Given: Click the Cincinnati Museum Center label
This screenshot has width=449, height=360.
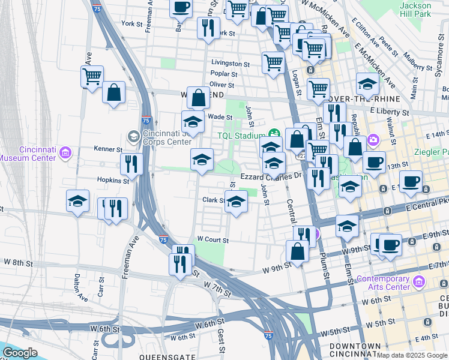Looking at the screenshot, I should (x=29, y=154).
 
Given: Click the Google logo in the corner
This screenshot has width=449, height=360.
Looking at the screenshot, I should (x=20, y=353).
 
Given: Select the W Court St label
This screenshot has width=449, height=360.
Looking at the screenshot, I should (x=213, y=240).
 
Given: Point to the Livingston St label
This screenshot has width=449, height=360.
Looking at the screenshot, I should (x=230, y=63).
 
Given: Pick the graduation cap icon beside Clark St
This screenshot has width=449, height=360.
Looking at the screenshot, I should (x=236, y=202).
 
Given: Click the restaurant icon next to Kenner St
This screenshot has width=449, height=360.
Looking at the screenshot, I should (x=131, y=163).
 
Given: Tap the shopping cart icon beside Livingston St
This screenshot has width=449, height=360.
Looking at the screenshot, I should (x=273, y=61).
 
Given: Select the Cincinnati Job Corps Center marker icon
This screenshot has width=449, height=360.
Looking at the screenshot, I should (x=133, y=137).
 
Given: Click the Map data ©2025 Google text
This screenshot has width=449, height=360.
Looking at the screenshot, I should (x=412, y=355).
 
